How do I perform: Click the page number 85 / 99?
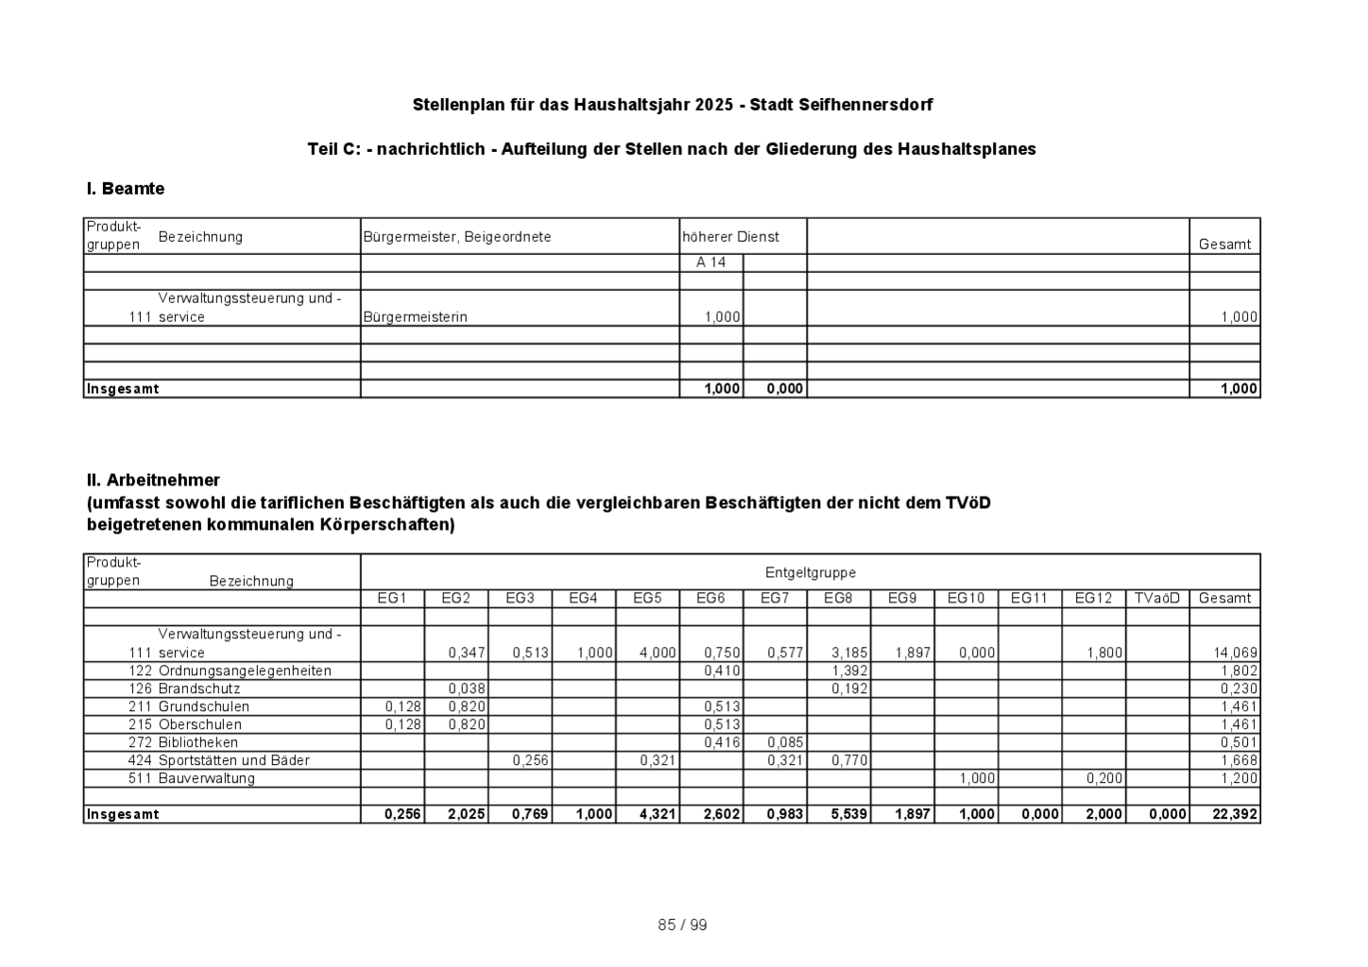click(682, 925)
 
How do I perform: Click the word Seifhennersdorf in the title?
click(865, 105)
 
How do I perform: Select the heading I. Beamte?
click(126, 189)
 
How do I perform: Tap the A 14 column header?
click(710, 263)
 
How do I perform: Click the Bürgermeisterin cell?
click(416, 317)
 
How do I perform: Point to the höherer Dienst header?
click(730, 237)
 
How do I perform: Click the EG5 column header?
click(647, 598)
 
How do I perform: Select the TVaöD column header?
click(1157, 598)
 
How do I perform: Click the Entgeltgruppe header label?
click(811, 572)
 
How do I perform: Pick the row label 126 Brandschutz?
click(184, 688)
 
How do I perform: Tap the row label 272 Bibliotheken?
click(183, 742)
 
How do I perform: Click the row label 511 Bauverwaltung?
click(192, 778)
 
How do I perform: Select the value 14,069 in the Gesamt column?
click(1236, 653)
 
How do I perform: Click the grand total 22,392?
click(1236, 814)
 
